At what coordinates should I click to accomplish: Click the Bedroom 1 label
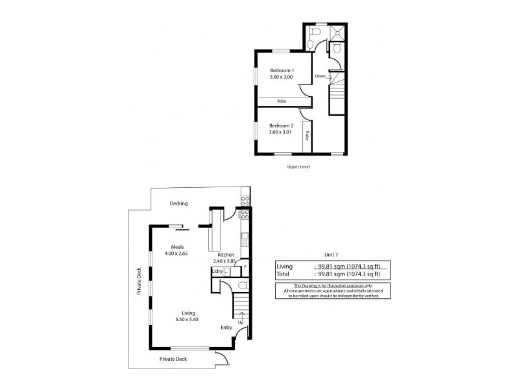click(x=282, y=70)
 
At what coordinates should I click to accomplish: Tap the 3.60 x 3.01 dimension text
click(x=282, y=133)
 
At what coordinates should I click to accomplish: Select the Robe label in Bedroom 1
click(x=282, y=101)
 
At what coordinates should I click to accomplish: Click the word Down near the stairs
click(x=320, y=76)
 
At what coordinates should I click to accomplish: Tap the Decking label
click(x=178, y=203)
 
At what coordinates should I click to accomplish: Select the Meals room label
click(x=178, y=247)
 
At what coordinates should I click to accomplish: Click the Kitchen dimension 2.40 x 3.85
click(x=226, y=260)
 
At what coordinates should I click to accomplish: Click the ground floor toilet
click(x=241, y=285)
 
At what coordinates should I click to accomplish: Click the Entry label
click(x=226, y=328)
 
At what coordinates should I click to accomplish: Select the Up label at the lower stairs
click(x=241, y=322)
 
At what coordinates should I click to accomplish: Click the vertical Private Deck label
click(x=139, y=283)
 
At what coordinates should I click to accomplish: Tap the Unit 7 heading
click(x=332, y=254)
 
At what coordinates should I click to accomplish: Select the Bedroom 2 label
click(x=282, y=125)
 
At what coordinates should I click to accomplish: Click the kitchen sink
click(x=245, y=237)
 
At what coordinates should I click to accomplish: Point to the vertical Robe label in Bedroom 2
click(x=307, y=137)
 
